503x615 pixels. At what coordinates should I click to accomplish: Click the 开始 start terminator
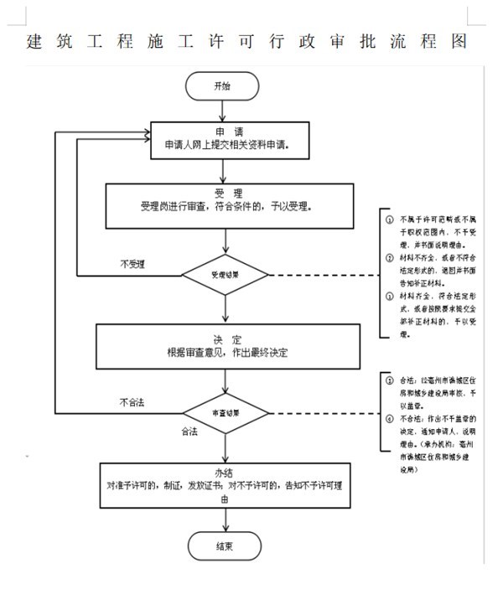click(x=223, y=86)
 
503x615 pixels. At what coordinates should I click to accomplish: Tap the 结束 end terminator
click(x=223, y=546)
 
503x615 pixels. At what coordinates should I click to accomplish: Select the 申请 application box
click(x=230, y=141)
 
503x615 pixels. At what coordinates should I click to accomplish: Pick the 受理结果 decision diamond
click(x=225, y=273)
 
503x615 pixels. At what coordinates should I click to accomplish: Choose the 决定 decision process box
click(x=228, y=345)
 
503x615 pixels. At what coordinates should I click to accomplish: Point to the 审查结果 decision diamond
click(x=225, y=413)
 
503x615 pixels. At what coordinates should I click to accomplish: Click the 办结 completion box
click(x=224, y=484)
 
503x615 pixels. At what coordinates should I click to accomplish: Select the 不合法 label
click(x=132, y=403)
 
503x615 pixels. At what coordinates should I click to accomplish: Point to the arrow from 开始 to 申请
click(x=223, y=111)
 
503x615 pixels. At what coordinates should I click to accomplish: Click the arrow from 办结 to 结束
click(x=223, y=519)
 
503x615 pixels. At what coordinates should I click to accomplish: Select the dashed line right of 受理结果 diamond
click(x=323, y=274)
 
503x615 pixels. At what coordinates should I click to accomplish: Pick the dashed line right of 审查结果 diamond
click(x=323, y=413)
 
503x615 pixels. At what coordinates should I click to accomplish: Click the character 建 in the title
click(x=34, y=41)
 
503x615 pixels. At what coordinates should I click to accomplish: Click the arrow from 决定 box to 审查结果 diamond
click(x=224, y=380)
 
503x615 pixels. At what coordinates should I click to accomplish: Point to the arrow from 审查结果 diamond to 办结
click(x=224, y=447)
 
